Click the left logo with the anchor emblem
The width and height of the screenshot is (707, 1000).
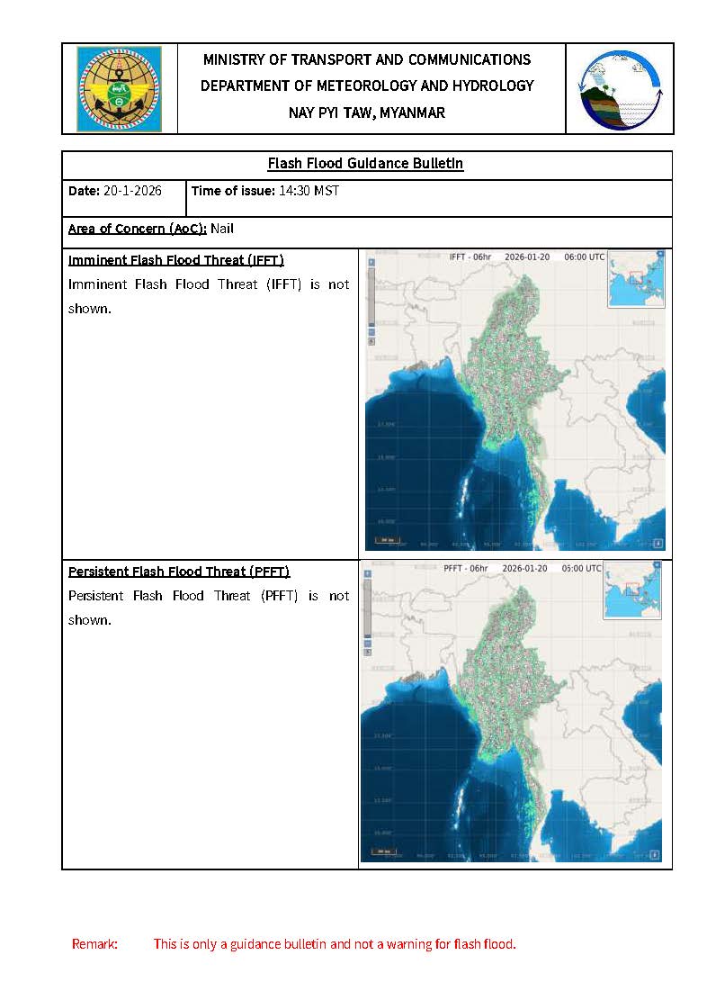[x=119, y=89]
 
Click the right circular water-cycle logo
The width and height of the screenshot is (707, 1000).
[x=620, y=89]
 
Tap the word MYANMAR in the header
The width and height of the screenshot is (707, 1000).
[x=411, y=113]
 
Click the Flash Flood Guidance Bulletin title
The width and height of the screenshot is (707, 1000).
[x=365, y=164]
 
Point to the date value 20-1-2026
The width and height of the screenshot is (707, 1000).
[x=133, y=192]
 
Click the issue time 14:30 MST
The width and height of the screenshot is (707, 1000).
[x=309, y=192]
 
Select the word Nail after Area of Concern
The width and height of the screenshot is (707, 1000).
[x=222, y=229]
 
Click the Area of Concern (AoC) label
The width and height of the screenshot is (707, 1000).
[x=138, y=229]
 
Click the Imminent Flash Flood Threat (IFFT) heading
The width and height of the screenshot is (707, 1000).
[x=176, y=261]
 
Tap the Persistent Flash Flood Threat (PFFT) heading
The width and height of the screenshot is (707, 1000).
[x=179, y=572]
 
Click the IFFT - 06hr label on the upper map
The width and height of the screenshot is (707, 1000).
[x=470, y=257]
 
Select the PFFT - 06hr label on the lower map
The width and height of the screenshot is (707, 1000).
[x=466, y=569]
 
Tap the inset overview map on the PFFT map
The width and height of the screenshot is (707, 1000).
[x=632, y=591]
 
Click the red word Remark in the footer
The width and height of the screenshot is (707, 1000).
[x=94, y=944]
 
